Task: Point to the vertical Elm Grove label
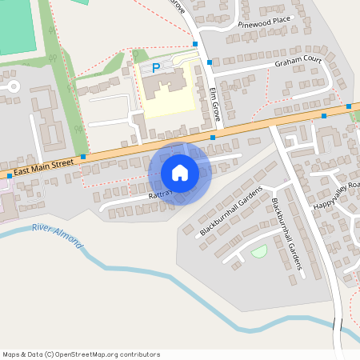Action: (214, 103)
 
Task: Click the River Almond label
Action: (58, 236)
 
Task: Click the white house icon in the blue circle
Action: (180, 172)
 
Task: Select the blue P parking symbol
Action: (156, 69)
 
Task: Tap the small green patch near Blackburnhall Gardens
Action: (258, 252)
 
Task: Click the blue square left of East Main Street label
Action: (10, 176)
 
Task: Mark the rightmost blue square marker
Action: (350, 106)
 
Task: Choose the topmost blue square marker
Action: (195, 43)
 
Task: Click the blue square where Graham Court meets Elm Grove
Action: (210, 62)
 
